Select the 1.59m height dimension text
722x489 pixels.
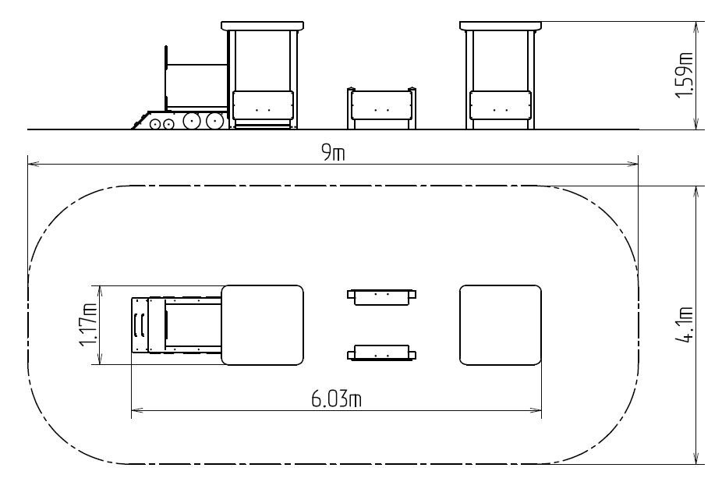pyautogui.click(x=685, y=75)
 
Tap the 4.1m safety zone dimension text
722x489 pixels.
pyautogui.click(x=685, y=325)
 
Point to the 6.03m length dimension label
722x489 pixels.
pyautogui.click(x=336, y=399)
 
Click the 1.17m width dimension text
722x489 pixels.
pyautogui.click(x=87, y=325)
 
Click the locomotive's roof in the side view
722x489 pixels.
pyautogui.click(x=263, y=26)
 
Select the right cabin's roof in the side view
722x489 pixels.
pyautogui.click(x=501, y=26)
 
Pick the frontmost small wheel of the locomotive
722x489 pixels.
pyautogui.click(x=154, y=124)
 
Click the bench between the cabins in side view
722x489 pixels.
pyautogui.click(x=381, y=108)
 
